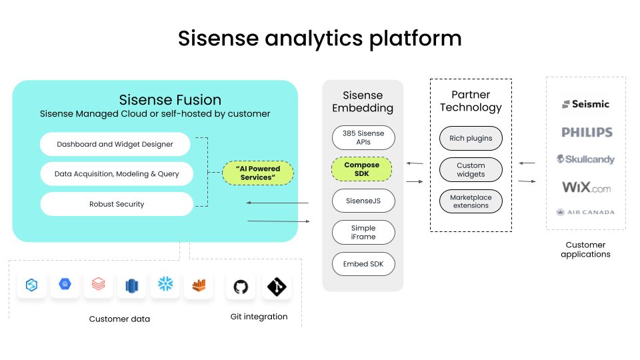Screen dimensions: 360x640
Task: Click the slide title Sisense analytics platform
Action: click(x=319, y=38)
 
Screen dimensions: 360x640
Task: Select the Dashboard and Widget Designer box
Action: click(x=115, y=144)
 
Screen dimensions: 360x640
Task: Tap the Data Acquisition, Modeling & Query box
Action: click(x=117, y=174)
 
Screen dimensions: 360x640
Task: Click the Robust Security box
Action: click(x=117, y=204)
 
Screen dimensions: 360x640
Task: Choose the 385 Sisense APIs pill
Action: click(x=363, y=138)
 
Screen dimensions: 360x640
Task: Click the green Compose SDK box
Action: click(x=362, y=169)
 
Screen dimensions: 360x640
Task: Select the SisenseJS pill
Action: click(x=363, y=200)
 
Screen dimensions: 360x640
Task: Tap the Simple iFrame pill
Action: click(x=363, y=232)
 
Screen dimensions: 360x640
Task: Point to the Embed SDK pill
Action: click(x=363, y=264)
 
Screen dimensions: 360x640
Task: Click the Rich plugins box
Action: click(x=471, y=139)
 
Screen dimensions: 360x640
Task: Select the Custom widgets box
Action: click(x=471, y=170)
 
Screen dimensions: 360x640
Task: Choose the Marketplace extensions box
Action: click(x=471, y=201)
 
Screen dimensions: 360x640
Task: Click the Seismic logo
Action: click(x=585, y=104)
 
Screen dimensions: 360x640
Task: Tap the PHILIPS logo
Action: click(x=586, y=132)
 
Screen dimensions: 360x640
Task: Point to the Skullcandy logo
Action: click(x=585, y=159)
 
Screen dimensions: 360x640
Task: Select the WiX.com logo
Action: click(x=586, y=187)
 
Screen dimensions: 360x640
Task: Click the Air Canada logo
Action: click(x=585, y=212)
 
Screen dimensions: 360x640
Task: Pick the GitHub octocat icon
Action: click(x=241, y=287)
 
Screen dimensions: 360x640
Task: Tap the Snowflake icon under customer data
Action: click(x=165, y=285)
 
